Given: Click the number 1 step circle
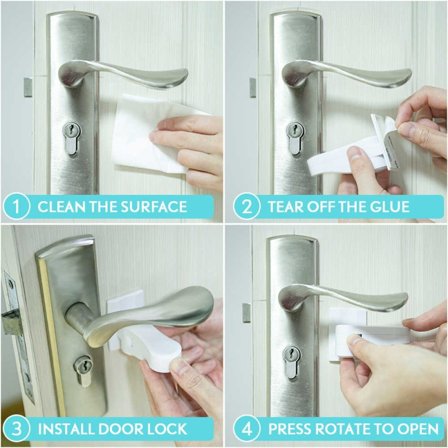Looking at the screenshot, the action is coord(16,206).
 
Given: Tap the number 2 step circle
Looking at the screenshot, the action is coord(246,206).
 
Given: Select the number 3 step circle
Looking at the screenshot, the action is coord(16,429).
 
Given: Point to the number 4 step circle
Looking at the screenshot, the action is coord(246,429).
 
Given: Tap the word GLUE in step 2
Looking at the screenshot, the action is coord(390,207).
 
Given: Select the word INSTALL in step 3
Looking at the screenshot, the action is coord(66,429).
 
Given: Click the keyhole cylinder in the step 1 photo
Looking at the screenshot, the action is coord(71,138).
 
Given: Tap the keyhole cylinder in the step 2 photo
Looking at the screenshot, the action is coord(295,138).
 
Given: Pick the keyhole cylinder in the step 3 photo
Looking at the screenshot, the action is coord(83,370).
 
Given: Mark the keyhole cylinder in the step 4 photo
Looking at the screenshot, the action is coord(291,362).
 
